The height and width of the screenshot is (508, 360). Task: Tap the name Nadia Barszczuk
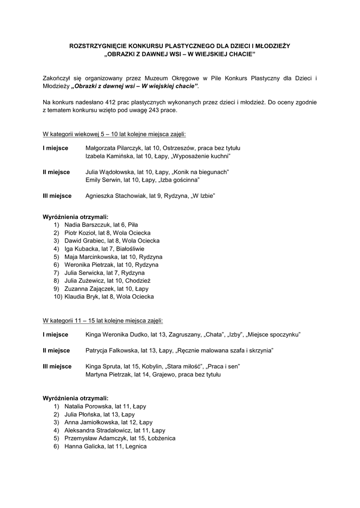[83, 225]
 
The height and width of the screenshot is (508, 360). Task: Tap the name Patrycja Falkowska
[112, 351]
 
